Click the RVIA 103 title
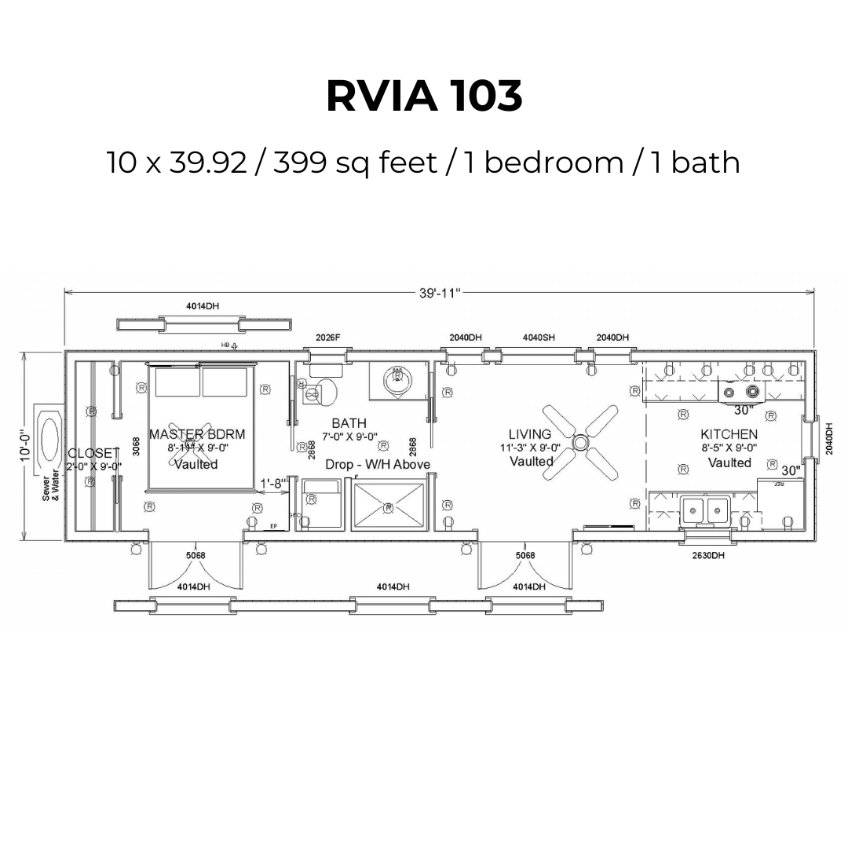pos(423,97)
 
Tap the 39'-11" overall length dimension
pos(439,293)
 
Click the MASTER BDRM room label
pos(196,434)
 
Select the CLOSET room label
pos(93,454)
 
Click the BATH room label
pos(349,423)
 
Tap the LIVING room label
pos(529,434)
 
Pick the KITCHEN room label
pos(729,434)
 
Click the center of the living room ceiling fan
pos(580,444)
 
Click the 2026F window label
pos(327,338)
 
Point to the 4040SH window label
pos(539,338)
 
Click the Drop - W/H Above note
pos(378,465)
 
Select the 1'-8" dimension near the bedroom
pos(274,484)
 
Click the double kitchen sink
pos(706,512)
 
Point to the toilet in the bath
pos(322,392)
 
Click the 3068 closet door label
pos(136,447)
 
